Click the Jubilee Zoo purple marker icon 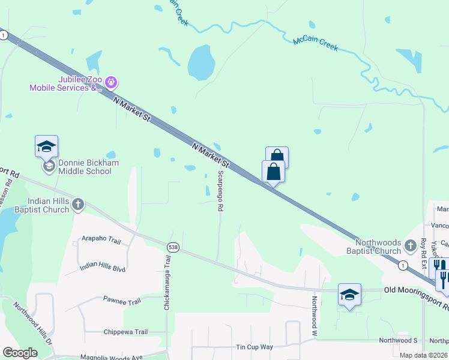point(110,82)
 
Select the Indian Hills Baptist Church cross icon point(78,205)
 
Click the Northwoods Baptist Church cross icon point(410,245)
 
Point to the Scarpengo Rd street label point(220,190)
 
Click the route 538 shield point(173,247)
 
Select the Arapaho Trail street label point(101,241)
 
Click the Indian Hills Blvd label point(103,266)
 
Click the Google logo point(20,353)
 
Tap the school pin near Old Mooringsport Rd point(349,295)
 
